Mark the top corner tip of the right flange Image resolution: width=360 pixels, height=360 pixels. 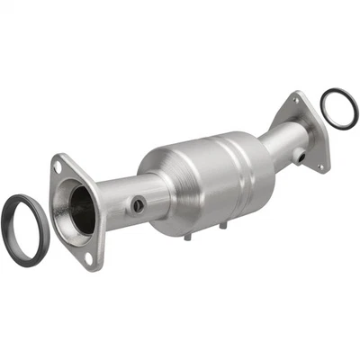(x=296, y=93)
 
